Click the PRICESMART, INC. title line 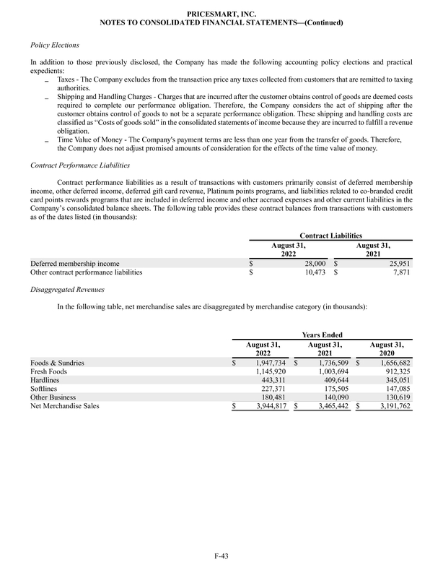pos(221,14)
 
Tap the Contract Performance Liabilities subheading pos(77,165)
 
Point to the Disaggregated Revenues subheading pos(68,289)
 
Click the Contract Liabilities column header pos(331,235)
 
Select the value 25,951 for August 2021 pos(397,264)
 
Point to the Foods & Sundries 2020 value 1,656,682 pos(394,362)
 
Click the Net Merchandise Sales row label pos(64,406)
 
